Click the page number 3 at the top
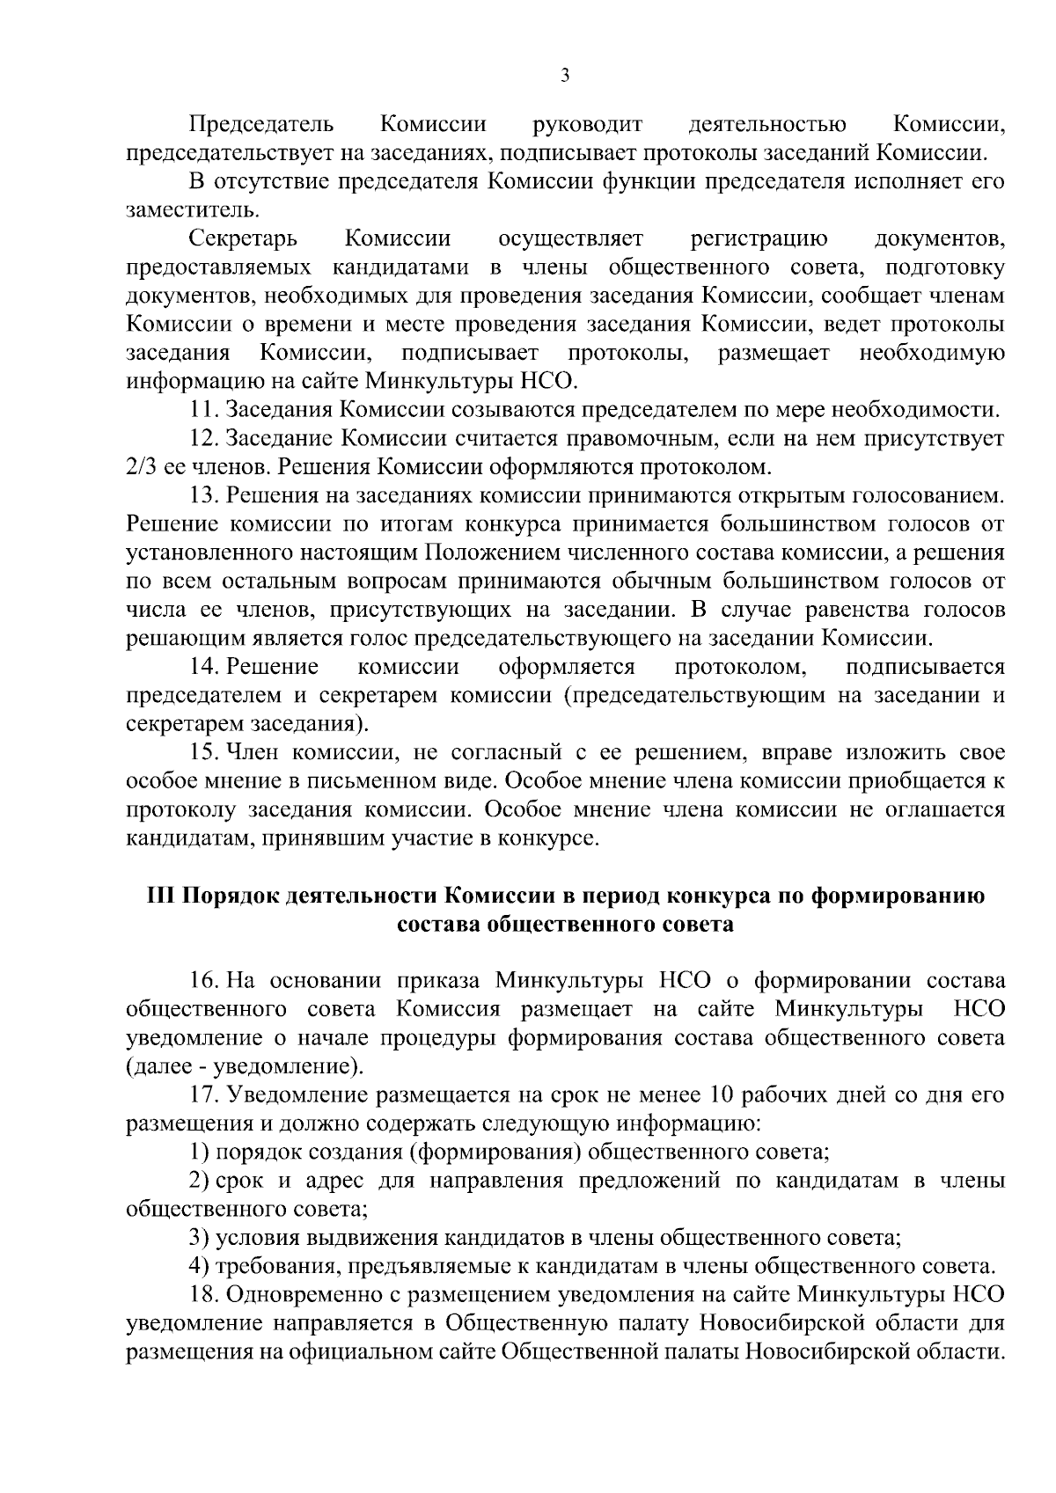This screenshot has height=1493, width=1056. (x=565, y=77)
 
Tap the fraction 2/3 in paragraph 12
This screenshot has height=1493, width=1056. (x=141, y=466)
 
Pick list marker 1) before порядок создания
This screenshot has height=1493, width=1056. (x=200, y=1153)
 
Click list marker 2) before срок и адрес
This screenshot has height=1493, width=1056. (x=200, y=1181)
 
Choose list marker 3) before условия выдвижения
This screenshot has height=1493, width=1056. (x=200, y=1238)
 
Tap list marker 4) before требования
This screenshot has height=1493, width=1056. (x=200, y=1267)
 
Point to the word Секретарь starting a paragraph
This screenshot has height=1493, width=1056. (x=243, y=238)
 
